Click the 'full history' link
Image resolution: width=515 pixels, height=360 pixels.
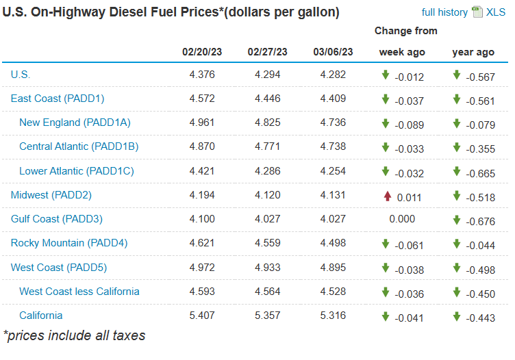tap(444, 12)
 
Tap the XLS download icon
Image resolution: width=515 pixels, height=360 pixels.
tap(478, 12)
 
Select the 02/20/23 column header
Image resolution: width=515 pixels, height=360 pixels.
tap(202, 52)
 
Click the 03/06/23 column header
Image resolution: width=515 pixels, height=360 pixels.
tap(333, 52)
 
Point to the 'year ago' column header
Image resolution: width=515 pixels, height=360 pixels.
tap(473, 52)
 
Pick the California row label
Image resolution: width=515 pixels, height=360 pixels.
tap(40, 315)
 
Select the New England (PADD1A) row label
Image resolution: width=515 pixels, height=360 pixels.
tap(75, 123)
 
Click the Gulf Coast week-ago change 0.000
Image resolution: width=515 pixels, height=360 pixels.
tap(401, 219)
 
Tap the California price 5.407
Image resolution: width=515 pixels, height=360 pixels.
tap(202, 316)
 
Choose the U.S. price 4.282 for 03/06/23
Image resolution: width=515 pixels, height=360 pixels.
tap(333, 75)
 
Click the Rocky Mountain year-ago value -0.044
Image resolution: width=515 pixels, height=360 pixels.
tap(480, 244)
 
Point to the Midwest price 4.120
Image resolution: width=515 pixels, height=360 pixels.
tap(267, 195)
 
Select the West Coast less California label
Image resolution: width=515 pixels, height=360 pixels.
tap(79, 291)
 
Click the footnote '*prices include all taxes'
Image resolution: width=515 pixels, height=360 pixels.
tap(74, 335)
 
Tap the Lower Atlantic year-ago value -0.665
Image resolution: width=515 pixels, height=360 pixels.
tap(480, 172)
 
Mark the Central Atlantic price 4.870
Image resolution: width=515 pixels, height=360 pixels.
tap(202, 147)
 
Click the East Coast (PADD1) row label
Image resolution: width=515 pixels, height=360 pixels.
tap(58, 99)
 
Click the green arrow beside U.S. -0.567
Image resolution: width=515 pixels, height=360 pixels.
tap(457, 75)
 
